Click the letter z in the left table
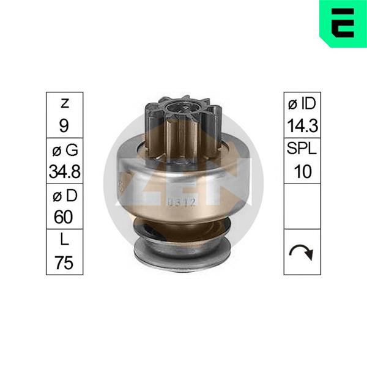65,103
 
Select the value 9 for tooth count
64,125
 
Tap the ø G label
65,150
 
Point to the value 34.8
65,171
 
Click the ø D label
65,196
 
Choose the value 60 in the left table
64,217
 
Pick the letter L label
64,239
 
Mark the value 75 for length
64,262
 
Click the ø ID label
302,103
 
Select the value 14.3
302,125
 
